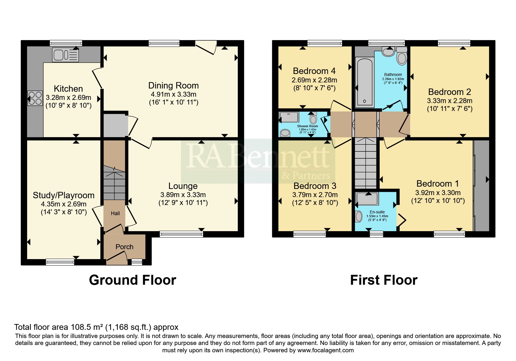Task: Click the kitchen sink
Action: click(66, 55)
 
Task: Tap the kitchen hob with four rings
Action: click(35, 98)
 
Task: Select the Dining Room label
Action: click(173, 86)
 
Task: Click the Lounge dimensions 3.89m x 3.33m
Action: click(183, 195)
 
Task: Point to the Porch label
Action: click(124, 247)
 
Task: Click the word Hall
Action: click(115, 213)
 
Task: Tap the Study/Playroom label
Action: click(64, 195)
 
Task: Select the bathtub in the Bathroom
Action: click(364, 82)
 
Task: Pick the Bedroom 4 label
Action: click(314, 71)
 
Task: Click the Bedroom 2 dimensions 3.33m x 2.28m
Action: click(450, 101)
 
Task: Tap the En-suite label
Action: click(377, 212)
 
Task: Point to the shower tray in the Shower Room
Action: click(289, 117)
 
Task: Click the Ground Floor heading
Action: click(133, 280)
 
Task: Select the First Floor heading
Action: click(384, 280)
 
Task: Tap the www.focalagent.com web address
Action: click(325, 350)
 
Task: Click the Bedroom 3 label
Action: click(315, 186)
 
